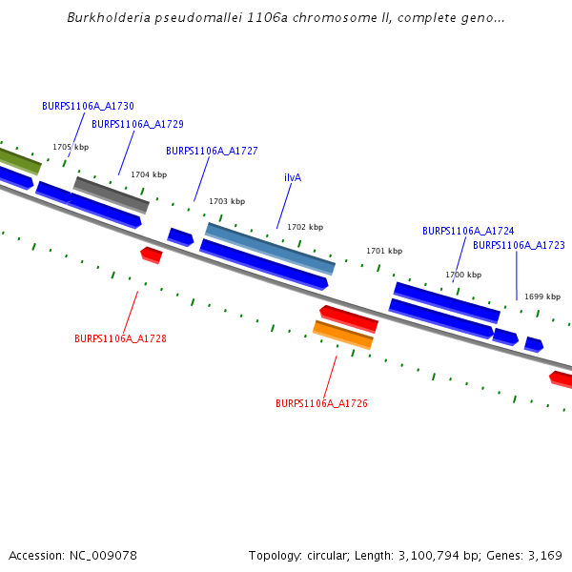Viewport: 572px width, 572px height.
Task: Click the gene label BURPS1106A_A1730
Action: (88, 107)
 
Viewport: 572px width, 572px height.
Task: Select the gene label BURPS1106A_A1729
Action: (137, 124)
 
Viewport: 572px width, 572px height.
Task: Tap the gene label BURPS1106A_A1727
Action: (212, 151)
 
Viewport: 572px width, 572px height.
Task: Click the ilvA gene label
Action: (293, 177)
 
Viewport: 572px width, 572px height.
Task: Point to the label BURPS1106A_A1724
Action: (468, 231)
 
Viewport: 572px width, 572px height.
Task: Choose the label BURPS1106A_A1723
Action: (519, 245)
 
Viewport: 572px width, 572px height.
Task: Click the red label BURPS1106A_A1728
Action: (120, 338)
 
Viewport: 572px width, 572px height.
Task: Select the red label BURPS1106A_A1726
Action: (321, 403)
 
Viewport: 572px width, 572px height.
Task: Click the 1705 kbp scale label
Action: (71, 147)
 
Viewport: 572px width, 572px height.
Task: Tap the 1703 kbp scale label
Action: (227, 201)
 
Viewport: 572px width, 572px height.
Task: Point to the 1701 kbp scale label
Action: (384, 251)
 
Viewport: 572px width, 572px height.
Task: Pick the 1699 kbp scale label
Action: (542, 296)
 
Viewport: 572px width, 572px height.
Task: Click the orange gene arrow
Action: (343, 335)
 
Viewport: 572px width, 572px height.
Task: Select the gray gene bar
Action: (112, 194)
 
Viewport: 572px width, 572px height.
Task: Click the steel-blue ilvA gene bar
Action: (270, 248)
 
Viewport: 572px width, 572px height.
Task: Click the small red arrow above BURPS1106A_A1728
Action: (151, 254)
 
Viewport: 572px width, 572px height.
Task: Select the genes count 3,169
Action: (542, 555)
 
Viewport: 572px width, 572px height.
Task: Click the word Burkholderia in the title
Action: (106, 18)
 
